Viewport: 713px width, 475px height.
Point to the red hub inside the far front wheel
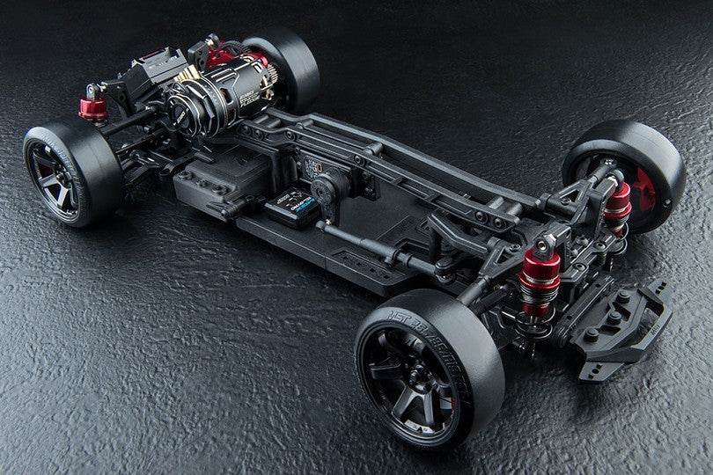click(643, 185)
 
